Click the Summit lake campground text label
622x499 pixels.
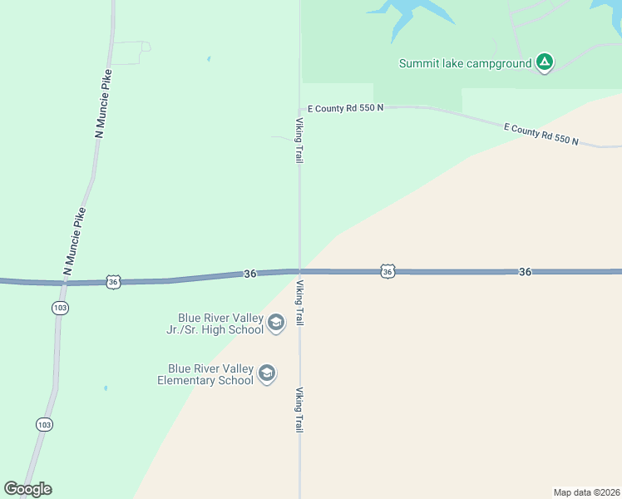(465, 63)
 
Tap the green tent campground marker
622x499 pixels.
(544, 62)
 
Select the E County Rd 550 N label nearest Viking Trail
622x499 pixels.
(345, 108)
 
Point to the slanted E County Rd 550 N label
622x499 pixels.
(541, 134)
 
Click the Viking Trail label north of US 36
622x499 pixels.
(299, 140)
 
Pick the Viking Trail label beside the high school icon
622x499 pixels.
(299, 303)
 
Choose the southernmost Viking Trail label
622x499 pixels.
(299, 409)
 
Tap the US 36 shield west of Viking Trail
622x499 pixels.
(114, 282)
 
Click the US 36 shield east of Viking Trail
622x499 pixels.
(388, 271)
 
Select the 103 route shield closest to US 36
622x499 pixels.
(60, 308)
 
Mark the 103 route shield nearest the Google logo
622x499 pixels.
(45, 424)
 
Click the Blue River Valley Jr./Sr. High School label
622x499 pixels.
(220, 324)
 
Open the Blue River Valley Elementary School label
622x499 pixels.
(205, 374)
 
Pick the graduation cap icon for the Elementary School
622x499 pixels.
(267, 374)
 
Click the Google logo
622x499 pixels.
(27, 489)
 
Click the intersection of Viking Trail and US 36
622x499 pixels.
(299, 271)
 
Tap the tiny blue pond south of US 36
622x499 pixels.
(106, 388)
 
